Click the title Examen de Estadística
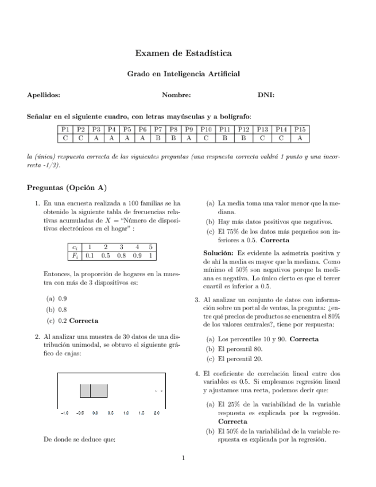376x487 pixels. [184, 53]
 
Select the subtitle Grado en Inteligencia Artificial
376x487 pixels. [184, 74]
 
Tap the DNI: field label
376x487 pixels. [266, 95]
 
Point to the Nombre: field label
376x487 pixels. [176, 95]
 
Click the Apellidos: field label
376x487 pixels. [44, 95]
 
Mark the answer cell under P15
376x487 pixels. [300, 138]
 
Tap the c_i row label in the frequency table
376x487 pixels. [75, 248]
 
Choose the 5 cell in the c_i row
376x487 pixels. [150, 248]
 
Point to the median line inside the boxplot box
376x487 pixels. [92, 391]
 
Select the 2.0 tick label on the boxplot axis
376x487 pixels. [157, 412]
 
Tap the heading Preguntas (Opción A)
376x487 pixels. [67, 188]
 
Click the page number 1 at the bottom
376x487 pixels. [183, 458]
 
